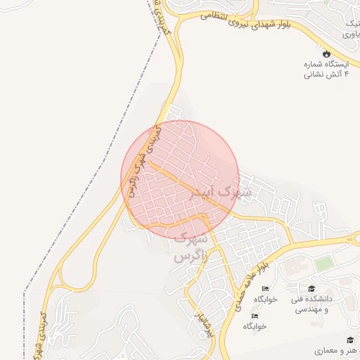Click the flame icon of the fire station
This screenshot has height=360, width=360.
click(x=326, y=53)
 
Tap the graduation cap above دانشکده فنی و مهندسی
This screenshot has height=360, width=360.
click(x=311, y=288)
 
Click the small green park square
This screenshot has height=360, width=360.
click(x=323, y=264)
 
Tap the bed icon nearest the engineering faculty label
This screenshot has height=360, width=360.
click(x=265, y=288)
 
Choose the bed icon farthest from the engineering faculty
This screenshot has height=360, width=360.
click(x=255, y=316)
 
